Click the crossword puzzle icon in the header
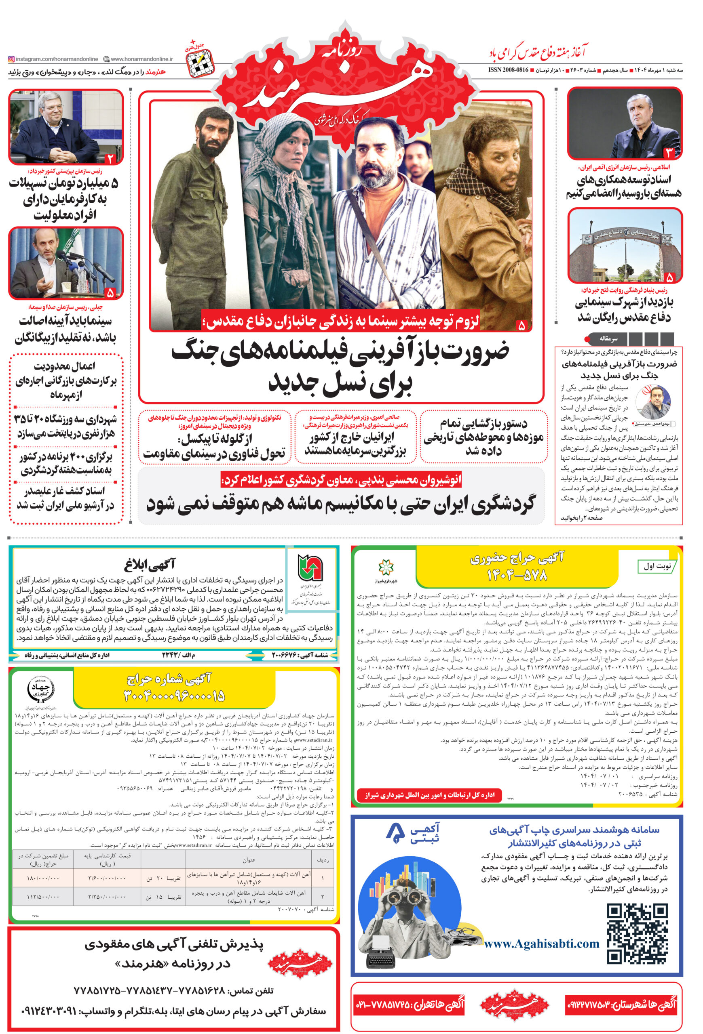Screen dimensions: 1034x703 tap(199, 62)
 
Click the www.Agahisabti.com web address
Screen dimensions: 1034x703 tap(541, 944)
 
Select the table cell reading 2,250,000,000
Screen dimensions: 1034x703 tap(107, 897)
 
